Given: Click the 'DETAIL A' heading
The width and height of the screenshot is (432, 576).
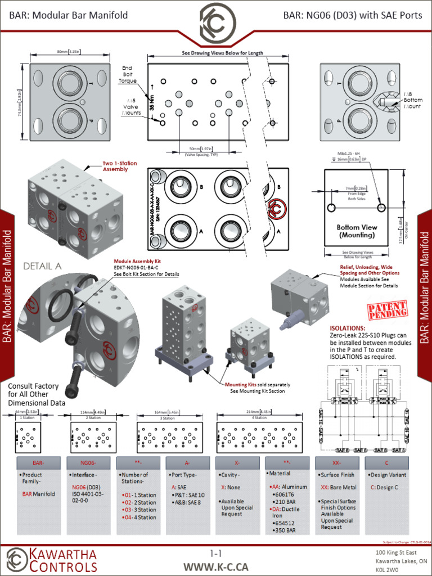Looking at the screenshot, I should [42, 267].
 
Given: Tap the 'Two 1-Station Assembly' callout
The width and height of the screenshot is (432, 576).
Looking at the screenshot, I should [119, 166].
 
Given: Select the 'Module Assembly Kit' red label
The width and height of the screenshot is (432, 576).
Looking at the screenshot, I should [137, 262].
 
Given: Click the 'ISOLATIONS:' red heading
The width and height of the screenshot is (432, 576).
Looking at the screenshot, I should [348, 328].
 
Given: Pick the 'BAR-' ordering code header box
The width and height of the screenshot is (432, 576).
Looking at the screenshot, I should [38, 462].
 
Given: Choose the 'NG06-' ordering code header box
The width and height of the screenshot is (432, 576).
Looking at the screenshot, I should [88, 462].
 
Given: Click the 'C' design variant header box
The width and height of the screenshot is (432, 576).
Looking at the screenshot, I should [386, 462].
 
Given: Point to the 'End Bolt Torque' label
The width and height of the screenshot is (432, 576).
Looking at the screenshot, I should [128, 74].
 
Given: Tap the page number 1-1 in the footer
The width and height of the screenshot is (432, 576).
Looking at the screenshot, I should [216, 554].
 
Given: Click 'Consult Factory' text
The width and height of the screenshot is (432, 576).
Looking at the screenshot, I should [33, 386].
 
